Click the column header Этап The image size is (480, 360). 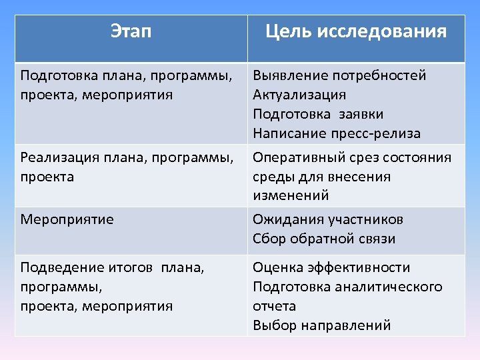(131, 31)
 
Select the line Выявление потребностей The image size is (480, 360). (339, 75)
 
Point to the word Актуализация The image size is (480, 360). (299, 95)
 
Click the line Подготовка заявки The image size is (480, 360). (318, 114)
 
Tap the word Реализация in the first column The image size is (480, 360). (59, 157)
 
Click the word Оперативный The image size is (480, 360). (297, 157)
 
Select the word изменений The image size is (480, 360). (291, 195)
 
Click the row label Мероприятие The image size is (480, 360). (67, 219)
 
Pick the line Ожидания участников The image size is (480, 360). (328, 219)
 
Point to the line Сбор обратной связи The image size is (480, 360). (324, 239)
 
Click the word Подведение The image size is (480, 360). (61, 267)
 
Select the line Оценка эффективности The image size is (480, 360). (331, 267)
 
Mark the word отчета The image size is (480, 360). (274, 306)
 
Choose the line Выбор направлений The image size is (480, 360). (321, 325)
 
